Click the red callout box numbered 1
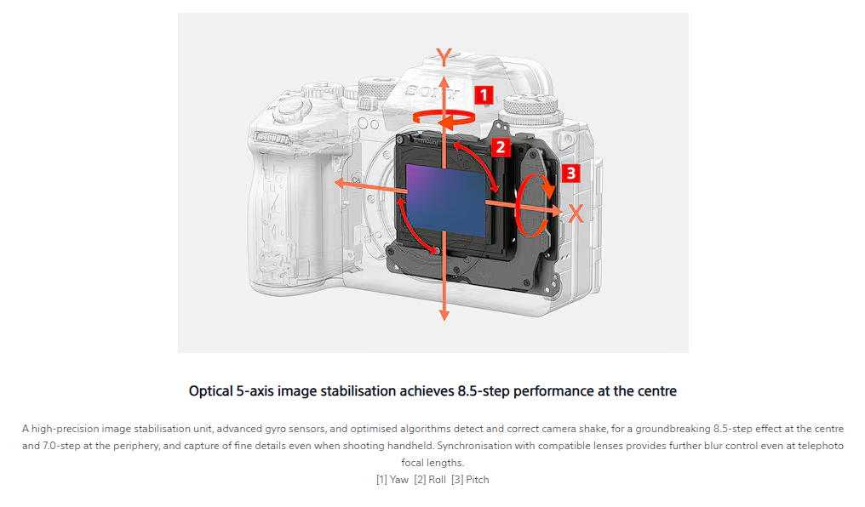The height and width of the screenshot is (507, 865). tap(483, 94)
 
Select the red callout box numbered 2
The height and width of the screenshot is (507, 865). tap(500, 147)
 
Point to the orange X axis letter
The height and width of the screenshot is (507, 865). tap(576, 214)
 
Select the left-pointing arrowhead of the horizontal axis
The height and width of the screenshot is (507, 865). tap(339, 183)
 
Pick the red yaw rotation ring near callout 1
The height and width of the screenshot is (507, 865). tap(443, 117)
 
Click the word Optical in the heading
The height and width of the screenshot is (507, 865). tap(210, 391)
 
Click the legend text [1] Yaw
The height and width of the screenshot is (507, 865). tap(392, 480)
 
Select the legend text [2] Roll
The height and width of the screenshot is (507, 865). tap(430, 480)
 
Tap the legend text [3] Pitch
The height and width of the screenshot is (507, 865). tap(470, 480)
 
